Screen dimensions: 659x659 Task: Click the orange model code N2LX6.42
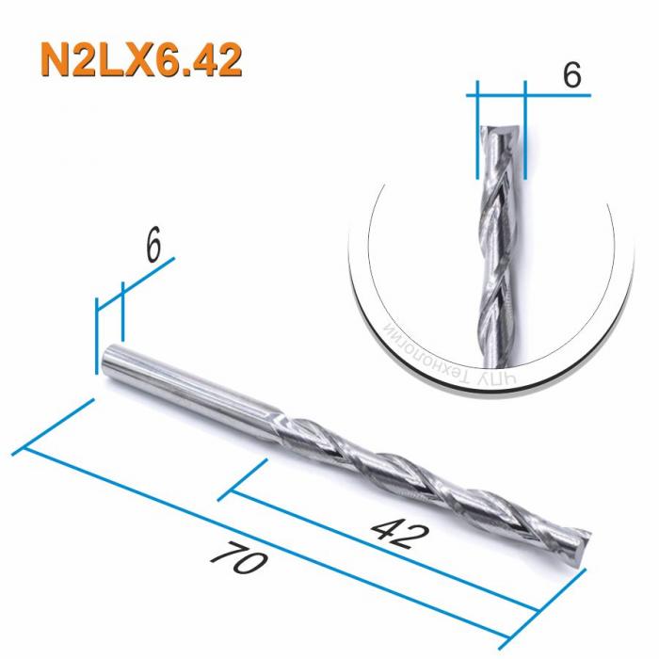coord(140,59)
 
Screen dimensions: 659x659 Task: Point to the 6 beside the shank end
coord(154,246)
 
